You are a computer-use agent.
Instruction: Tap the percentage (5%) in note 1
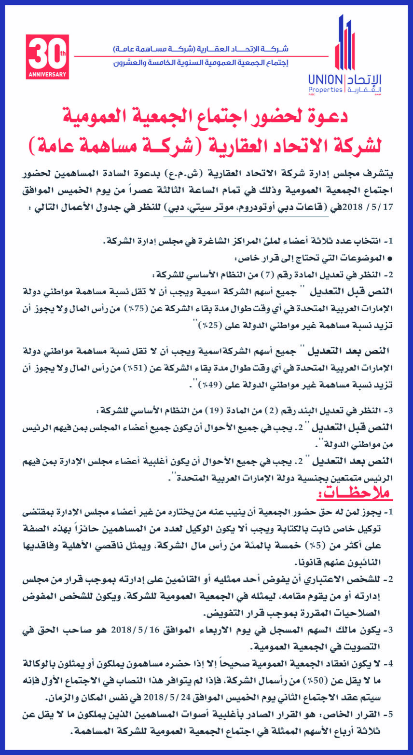[x=295, y=547]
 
